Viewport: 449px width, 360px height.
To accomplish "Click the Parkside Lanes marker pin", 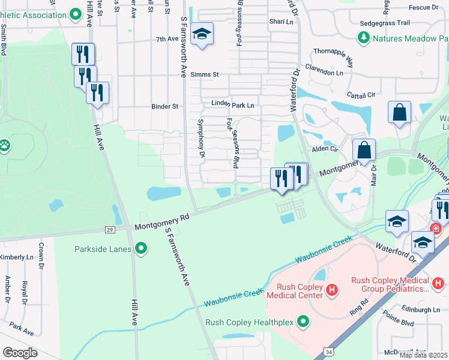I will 141,248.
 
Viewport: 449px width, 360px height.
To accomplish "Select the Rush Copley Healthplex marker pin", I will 303,322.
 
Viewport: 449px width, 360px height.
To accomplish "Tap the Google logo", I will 20,353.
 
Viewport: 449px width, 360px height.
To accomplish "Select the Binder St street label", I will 165,107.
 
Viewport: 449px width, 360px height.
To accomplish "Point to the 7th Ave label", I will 167,39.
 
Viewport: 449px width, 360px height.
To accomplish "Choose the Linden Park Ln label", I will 233,104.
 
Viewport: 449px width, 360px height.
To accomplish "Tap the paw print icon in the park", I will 5,145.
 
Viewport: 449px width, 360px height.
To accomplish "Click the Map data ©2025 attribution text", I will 424,355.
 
